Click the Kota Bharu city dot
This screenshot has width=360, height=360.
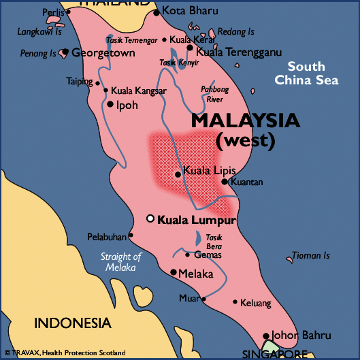click(x=157, y=12)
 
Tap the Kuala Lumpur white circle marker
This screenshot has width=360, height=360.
click(x=151, y=218)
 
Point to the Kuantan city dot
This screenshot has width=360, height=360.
click(x=225, y=182)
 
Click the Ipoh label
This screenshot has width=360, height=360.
click(x=127, y=105)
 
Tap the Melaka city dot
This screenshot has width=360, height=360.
click(x=174, y=272)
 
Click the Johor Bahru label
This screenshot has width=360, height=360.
click(x=301, y=336)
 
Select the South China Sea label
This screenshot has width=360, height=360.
click(x=306, y=73)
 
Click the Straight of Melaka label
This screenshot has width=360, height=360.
click(x=120, y=262)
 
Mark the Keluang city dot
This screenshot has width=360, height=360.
click(x=235, y=301)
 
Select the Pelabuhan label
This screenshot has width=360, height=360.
click(x=107, y=237)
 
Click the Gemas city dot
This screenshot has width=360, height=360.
click(x=189, y=255)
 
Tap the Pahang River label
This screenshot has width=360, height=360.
click(x=216, y=93)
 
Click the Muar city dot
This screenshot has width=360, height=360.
click(x=203, y=298)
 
